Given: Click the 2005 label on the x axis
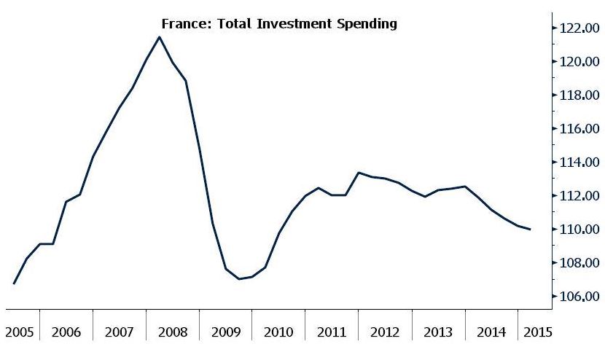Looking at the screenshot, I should [20, 332].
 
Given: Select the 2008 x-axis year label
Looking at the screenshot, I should [172, 332].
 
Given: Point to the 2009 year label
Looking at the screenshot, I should [225, 332].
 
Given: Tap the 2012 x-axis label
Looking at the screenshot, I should [385, 332].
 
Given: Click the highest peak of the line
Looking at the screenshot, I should [159, 37].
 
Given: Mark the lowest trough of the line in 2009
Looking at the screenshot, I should [238, 279].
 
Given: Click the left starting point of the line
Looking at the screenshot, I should [14, 283].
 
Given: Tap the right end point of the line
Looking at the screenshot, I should [531, 230].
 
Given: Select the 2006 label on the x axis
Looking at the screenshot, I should [66, 332].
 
